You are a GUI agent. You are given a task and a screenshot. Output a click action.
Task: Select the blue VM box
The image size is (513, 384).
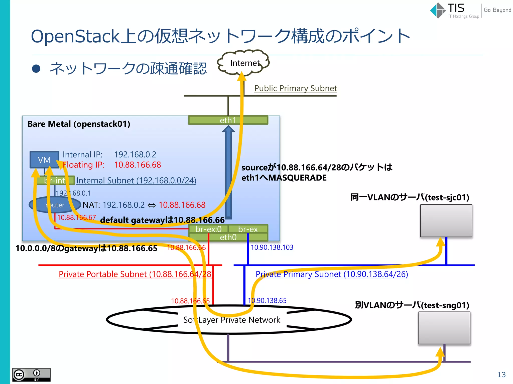(44, 159)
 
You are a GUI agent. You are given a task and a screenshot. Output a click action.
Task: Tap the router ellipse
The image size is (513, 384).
(55, 205)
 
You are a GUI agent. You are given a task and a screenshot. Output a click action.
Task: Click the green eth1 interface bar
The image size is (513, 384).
(228, 120)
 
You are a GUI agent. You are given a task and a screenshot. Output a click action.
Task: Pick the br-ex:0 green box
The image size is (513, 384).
(208, 229)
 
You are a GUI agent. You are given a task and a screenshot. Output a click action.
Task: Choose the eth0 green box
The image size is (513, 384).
(228, 237)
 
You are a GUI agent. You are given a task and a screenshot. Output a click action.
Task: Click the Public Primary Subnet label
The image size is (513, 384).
(295, 88)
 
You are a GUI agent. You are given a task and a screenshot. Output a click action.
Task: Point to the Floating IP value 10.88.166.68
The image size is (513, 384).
(138, 165)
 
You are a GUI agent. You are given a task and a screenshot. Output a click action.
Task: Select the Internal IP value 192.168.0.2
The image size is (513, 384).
(135, 154)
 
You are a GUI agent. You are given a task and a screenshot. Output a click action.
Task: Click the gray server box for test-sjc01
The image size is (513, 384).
(446, 221)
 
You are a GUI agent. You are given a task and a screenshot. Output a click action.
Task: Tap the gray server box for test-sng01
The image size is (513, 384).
(444, 328)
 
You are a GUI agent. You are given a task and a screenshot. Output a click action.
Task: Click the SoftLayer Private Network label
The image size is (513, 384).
(232, 320)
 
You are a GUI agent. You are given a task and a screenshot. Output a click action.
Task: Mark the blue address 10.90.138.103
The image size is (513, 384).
(272, 247)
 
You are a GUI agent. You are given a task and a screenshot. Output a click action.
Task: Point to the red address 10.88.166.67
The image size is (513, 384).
(76, 217)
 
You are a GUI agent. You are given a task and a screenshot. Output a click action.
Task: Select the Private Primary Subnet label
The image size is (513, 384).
(332, 274)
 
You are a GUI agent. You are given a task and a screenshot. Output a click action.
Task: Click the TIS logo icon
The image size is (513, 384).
(438, 10)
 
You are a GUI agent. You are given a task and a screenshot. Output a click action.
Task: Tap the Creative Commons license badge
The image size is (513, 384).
(31, 374)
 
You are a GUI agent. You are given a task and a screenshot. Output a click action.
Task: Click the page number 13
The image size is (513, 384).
(501, 374)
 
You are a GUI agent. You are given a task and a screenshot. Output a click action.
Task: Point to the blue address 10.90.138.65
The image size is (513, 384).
(267, 300)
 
